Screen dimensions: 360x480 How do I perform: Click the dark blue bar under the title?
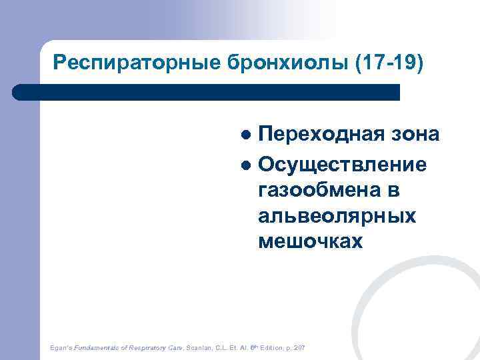(x=207, y=92)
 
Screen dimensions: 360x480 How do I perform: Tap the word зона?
(x=415, y=135)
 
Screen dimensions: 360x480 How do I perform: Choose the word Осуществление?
(x=342, y=163)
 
